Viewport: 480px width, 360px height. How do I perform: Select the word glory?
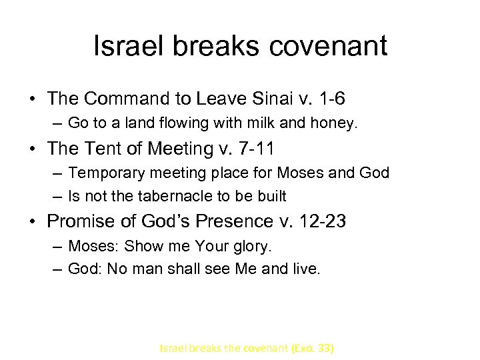tap(252, 246)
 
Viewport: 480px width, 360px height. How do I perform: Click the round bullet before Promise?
tap(33, 221)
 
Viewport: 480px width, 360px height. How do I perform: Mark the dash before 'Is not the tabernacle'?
tap(57, 196)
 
